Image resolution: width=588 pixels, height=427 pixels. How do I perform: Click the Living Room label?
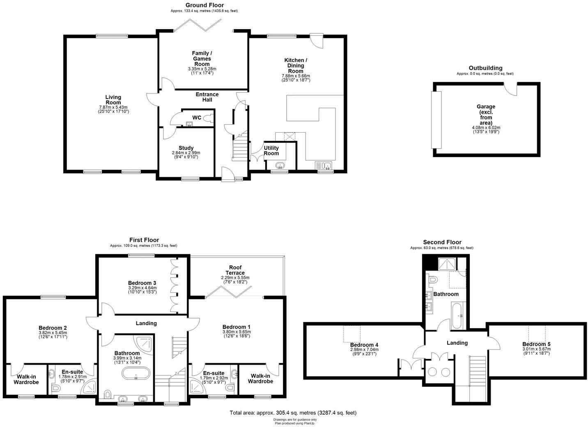pyautogui.click(x=113, y=100)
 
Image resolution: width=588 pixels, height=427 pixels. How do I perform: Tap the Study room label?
pyautogui.click(x=186, y=148)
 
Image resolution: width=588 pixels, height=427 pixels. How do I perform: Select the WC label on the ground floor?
pyautogui.click(x=197, y=118)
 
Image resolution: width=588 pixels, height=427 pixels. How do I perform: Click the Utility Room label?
pyautogui.click(x=271, y=151)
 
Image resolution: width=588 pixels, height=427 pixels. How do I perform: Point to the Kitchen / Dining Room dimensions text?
pyautogui.click(x=296, y=78)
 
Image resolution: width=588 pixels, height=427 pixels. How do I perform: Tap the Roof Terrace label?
pyautogui.click(x=235, y=270)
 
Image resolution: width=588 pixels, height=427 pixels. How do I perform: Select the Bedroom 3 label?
pyautogui.click(x=142, y=283)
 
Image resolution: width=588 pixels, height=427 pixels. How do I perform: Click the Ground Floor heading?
pyautogui.click(x=204, y=5)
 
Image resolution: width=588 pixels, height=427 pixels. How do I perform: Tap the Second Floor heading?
pyautogui.click(x=442, y=242)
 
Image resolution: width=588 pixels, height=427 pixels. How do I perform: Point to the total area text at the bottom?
pyautogui.click(x=293, y=413)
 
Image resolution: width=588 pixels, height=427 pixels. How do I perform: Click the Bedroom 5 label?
pyautogui.click(x=536, y=344)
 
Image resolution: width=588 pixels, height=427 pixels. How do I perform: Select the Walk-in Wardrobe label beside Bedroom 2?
pyautogui.click(x=28, y=379)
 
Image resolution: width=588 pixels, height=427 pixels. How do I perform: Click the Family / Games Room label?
pyautogui.click(x=202, y=58)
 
